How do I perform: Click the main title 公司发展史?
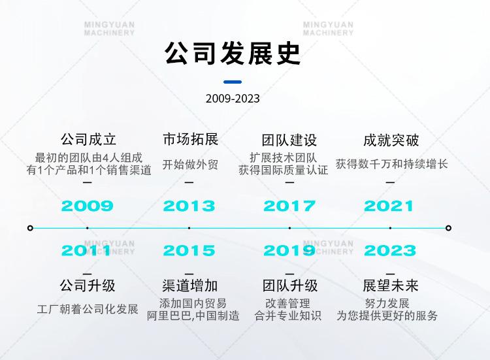pos(233,53)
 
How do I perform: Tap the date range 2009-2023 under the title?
pos(233,99)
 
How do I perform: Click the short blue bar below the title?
pos(233,82)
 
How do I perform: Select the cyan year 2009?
pos(87,206)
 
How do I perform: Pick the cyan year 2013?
pos(189,206)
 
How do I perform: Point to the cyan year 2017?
pos(289,206)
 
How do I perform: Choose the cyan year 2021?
pos(389,206)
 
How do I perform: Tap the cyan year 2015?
pos(189,251)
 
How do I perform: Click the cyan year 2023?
pos(390,251)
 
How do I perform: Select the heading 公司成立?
pos(88,139)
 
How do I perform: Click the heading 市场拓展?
pos(190,139)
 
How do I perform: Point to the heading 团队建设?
pos(289,140)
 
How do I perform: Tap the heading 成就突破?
pos(391,140)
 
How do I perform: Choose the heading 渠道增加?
pos(189,286)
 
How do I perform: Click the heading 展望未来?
pos(391,286)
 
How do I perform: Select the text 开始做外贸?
pos(190,165)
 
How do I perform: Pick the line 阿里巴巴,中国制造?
pos(193,316)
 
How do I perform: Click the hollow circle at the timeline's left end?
pos(30,228)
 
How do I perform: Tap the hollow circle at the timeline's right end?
pos(448,228)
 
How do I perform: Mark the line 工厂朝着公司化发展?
pos(88,309)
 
